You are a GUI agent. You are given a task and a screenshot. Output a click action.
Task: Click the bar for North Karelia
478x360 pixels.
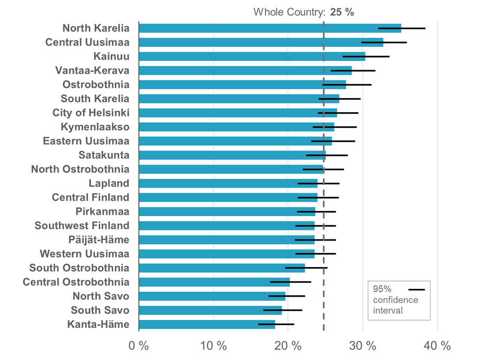(x=260, y=28)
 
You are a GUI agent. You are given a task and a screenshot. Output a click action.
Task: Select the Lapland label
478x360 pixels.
(x=109, y=183)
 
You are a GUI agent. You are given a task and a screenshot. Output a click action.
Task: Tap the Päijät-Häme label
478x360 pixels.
(x=99, y=240)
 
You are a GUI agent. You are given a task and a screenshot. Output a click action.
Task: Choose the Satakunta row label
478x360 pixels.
(x=104, y=155)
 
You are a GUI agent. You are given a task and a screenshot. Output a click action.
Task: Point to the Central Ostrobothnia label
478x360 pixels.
(x=76, y=282)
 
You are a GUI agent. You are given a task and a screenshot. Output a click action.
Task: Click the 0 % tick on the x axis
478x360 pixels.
(x=139, y=345)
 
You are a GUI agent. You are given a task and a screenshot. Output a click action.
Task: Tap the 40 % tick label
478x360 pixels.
(x=437, y=345)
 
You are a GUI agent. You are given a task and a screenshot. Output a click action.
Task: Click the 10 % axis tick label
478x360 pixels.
(x=214, y=345)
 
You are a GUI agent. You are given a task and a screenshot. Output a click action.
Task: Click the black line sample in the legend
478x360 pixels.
(x=417, y=289)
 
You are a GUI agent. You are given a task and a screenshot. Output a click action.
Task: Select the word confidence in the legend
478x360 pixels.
(x=395, y=300)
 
